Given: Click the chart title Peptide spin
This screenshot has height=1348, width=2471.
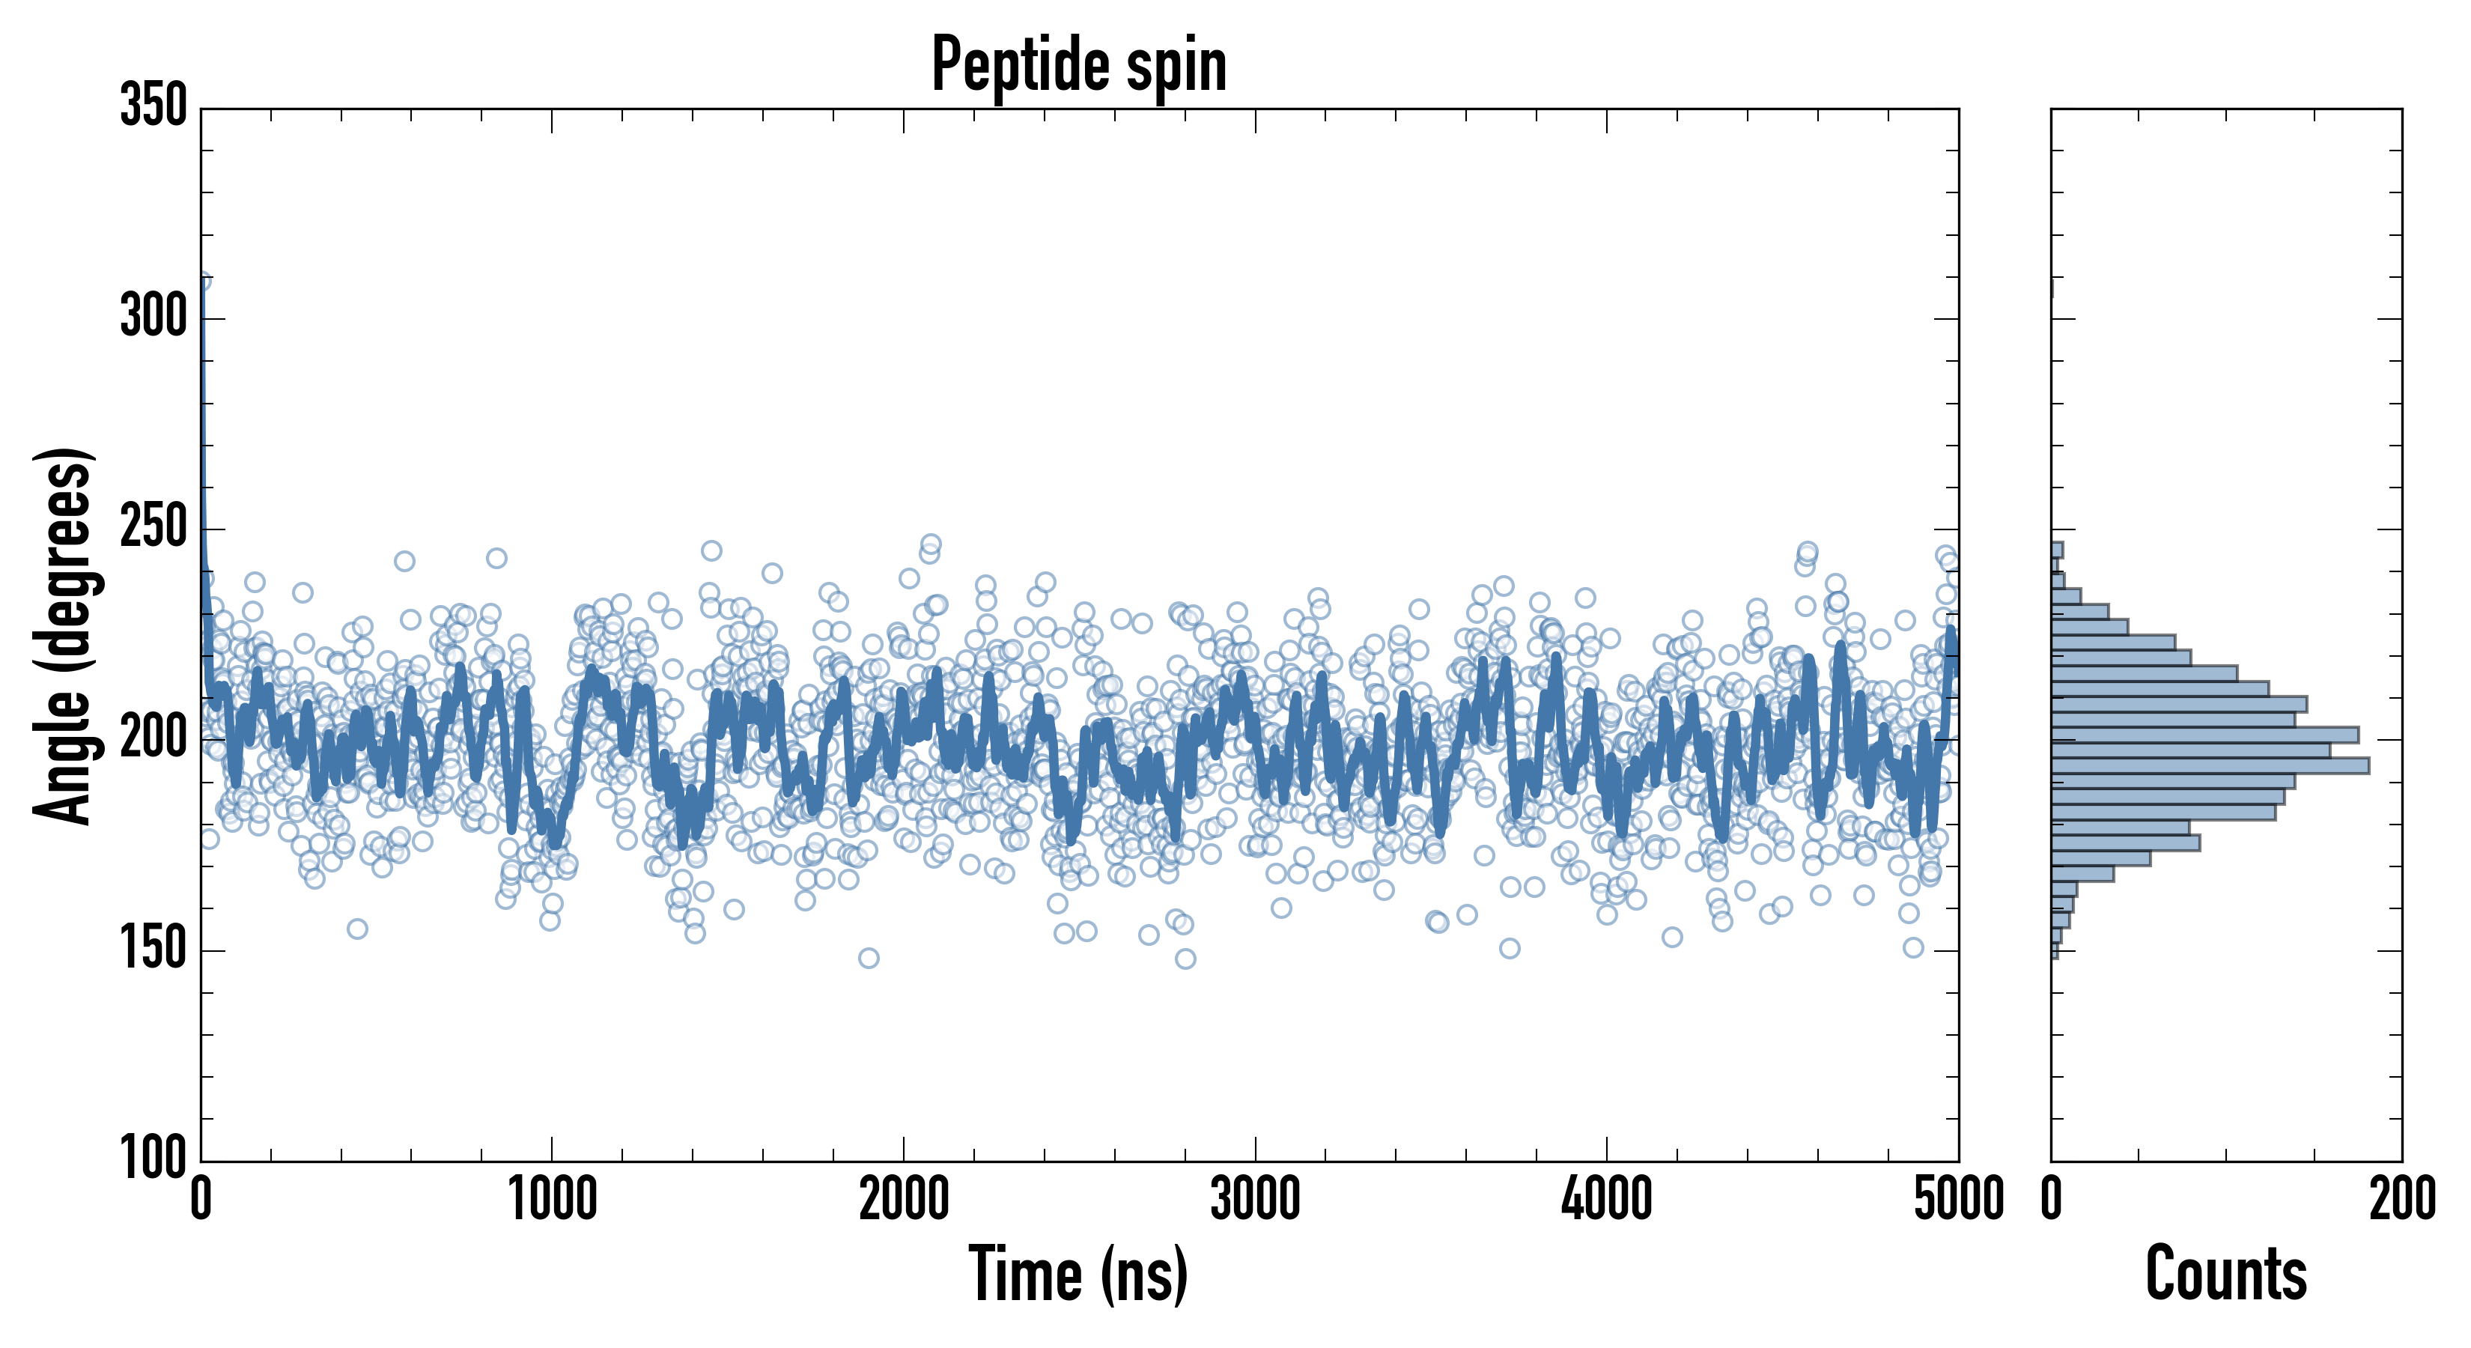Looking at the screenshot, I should [x=1079, y=64].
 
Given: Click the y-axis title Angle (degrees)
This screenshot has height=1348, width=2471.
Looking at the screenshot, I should [x=64, y=635].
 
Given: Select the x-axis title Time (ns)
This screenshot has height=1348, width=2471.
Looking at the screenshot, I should [x=1079, y=1273].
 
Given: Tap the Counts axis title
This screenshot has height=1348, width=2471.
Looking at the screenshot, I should [x=2226, y=1273].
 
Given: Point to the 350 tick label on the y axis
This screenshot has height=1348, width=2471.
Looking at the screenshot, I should [x=154, y=106].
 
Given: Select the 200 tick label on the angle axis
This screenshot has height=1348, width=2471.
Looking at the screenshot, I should [x=154, y=738].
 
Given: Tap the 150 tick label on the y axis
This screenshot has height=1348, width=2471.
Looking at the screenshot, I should [x=154, y=948].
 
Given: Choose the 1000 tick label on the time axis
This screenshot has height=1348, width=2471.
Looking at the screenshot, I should [x=553, y=1199].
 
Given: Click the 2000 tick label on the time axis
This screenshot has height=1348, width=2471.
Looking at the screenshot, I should [x=904, y=1199].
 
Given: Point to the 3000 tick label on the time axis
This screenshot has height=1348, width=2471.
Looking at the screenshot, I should [x=1255, y=1199].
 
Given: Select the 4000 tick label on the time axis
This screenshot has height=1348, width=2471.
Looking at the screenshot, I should [x=1607, y=1199].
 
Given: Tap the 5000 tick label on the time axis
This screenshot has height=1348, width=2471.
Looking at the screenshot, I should [x=1958, y=1199].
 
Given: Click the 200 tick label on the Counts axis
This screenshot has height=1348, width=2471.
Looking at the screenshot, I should [x=2402, y=1199].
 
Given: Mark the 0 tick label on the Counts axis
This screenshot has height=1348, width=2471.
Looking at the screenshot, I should [x=2051, y=1199].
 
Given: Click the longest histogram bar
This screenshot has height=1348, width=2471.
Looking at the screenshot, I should [x=2209, y=765].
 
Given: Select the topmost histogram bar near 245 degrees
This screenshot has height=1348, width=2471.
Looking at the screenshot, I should [x=2057, y=550].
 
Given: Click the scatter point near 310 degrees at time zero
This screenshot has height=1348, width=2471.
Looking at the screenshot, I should [x=201, y=281].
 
